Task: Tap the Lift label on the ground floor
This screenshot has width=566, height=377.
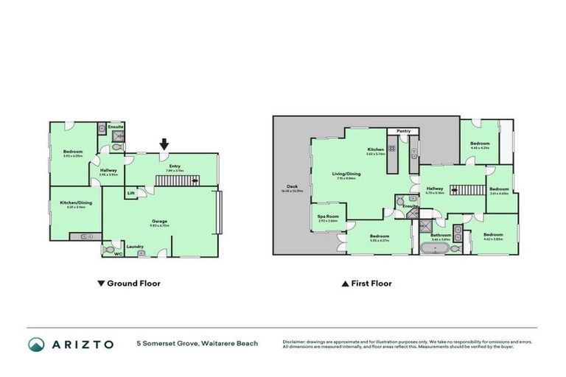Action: (x=130, y=194)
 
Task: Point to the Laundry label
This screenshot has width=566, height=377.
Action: (x=135, y=246)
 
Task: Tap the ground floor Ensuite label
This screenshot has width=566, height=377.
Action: (x=116, y=127)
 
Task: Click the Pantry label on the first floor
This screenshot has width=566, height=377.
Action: (x=403, y=131)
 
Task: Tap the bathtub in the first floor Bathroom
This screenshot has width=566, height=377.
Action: (x=436, y=249)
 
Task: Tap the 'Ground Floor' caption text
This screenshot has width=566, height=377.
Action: (x=133, y=283)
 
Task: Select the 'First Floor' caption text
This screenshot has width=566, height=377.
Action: (x=371, y=283)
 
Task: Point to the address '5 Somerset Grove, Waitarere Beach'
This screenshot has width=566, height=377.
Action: (x=197, y=344)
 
